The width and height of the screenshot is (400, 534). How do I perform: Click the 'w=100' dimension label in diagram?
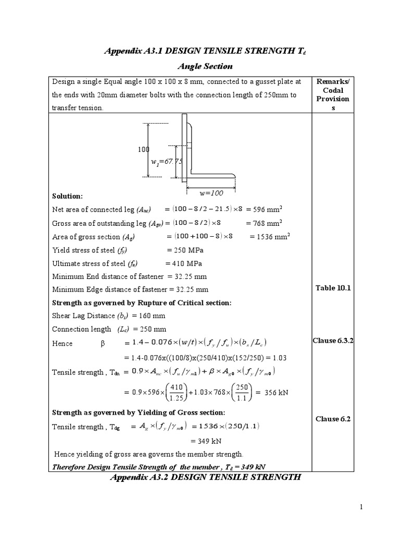point(211,193)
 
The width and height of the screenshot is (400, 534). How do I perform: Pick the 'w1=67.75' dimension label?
point(166,162)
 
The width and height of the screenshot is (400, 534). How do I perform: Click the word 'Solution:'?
point(67,196)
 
